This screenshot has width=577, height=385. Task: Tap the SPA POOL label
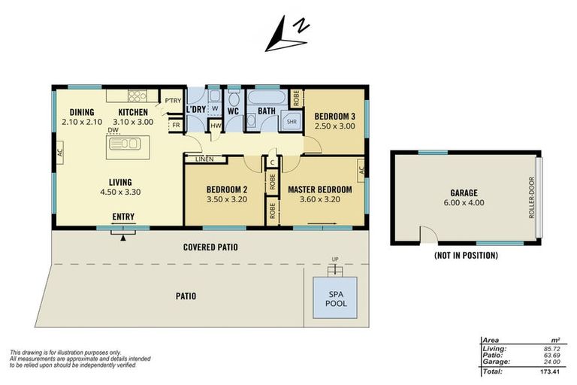[x=336, y=299]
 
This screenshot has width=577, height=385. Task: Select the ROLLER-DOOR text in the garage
[x=531, y=198]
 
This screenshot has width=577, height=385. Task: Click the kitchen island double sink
[x=125, y=144]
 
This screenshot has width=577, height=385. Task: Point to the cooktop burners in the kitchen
[x=137, y=95]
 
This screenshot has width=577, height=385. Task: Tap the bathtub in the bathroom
[x=267, y=98]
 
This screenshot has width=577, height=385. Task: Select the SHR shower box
[x=292, y=121]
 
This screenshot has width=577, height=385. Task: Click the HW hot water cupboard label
[x=216, y=126]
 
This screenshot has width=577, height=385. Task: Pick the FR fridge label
[x=177, y=125]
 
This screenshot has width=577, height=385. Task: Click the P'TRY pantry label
[x=173, y=100]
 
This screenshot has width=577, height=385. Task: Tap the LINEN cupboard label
[x=204, y=159]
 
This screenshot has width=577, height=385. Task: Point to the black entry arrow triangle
[x=123, y=238]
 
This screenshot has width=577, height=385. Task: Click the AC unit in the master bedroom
[x=361, y=170]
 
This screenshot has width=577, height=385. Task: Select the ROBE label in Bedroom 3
[x=296, y=98]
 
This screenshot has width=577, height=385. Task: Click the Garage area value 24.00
[x=552, y=362]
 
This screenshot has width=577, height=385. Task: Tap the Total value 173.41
[x=550, y=371]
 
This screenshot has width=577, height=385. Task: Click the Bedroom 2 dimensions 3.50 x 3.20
[x=227, y=199]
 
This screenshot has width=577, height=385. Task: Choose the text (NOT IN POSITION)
[x=466, y=256]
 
